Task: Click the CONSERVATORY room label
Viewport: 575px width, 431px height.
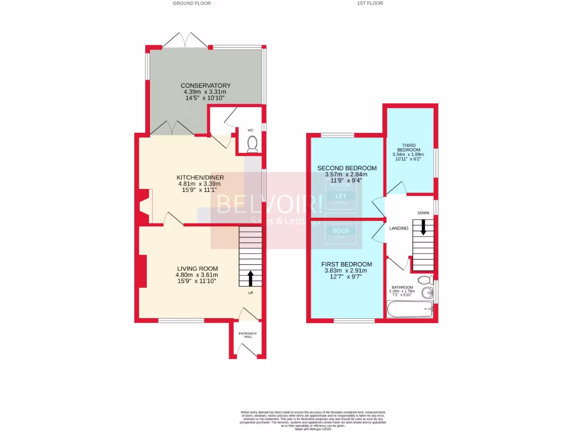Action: pos(206,85)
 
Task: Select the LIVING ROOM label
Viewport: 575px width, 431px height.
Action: pos(197,268)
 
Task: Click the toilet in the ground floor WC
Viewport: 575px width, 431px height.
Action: pos(252,144)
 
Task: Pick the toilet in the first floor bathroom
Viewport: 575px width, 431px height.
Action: pos(426,279)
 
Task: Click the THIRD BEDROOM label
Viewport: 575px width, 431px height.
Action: pos(408,147)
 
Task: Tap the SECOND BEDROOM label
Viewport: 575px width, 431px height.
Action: pos(346,168)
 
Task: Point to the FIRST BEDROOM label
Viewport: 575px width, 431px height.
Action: pos(346,264)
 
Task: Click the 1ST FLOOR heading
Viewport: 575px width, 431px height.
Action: pos(370,3)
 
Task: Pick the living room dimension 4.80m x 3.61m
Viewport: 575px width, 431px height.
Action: pos(197,275)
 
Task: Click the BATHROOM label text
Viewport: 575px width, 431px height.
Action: pos(402,287)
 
